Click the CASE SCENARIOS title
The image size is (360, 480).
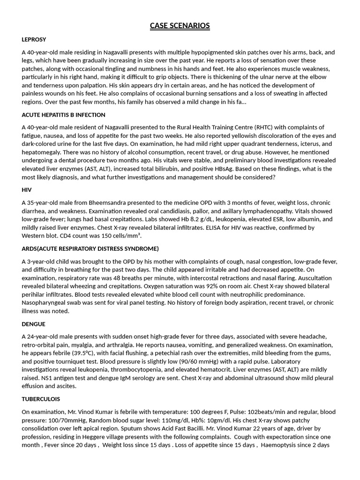(x=180, y=26)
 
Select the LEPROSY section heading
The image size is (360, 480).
(x=34, y=39)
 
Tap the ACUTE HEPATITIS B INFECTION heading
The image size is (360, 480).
(x=63, y=115)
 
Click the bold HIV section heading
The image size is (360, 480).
(x=27, y=190)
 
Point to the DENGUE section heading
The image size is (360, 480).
(x=33, y=324)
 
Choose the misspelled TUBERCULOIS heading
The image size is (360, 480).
(x=41, y=399)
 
